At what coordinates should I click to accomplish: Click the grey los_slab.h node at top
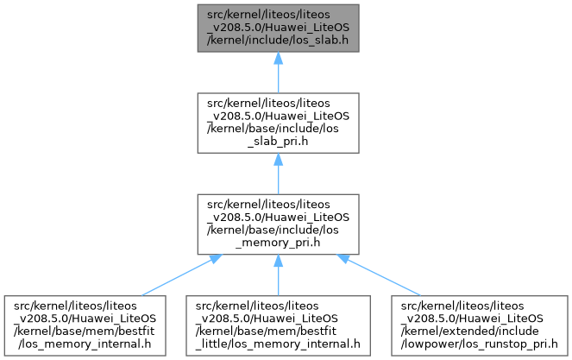tap(276, 28)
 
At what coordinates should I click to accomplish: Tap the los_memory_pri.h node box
tap(276, 223)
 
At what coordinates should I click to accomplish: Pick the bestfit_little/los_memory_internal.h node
tap(276, 325)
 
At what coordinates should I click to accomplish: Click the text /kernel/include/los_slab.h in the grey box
tap(276, 41)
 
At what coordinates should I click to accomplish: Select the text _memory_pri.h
tap(276, 243)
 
